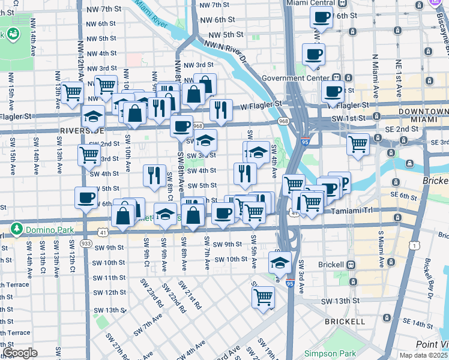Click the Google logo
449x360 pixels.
click(20, 353)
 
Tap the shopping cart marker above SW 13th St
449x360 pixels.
click(263, 297)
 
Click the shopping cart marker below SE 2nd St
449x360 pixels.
click(358, 145)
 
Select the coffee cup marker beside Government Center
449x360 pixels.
click(332, 93)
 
